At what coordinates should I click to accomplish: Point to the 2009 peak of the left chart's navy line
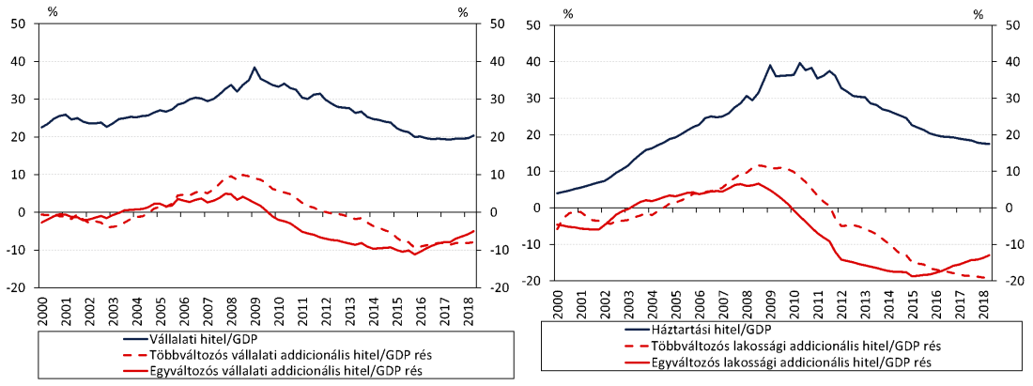(x=254, y=68)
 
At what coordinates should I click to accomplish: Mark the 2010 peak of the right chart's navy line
(x=799, y=64)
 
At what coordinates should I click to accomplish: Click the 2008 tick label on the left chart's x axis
(x=230, y=307)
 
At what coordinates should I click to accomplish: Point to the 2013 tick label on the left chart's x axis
(x=347, y=307)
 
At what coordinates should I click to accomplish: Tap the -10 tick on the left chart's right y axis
(x=489, y=250)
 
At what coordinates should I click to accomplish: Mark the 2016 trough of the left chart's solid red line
(x=415, y=254)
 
